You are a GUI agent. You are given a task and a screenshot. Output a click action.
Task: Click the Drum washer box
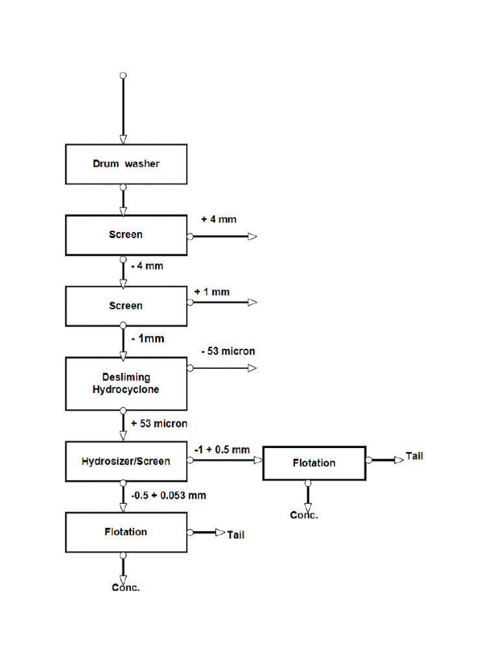point(126,164)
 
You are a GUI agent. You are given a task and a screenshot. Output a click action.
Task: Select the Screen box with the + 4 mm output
point(126,235)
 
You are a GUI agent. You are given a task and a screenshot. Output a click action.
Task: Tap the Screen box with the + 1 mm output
point(126,305)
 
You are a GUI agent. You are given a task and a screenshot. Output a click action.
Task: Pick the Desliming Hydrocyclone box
point(126,383)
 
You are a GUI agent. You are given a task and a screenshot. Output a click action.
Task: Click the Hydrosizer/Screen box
point(126,462)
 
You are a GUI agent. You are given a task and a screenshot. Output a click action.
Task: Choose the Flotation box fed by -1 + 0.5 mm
point(314,463)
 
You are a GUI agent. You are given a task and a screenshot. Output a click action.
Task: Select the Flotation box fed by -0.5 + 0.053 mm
point(126,532)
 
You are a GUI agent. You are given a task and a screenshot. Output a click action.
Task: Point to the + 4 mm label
point(219,219)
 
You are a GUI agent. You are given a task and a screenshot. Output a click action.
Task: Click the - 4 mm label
point(146,266)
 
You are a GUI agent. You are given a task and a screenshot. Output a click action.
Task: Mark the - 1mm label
point(147,338)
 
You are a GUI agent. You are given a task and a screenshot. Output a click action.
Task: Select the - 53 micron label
point(228,351)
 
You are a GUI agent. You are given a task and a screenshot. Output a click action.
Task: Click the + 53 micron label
point(159,423)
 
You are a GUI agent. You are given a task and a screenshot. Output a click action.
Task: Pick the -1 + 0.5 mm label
point(222,449)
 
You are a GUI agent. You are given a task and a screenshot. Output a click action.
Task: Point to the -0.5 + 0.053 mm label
point(169,495)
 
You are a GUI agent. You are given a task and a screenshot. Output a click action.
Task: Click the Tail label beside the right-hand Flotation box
point(414,456)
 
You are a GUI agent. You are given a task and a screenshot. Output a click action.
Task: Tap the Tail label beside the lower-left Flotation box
point(235,536)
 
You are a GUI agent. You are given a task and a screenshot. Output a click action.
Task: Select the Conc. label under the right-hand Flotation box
point(304,516)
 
